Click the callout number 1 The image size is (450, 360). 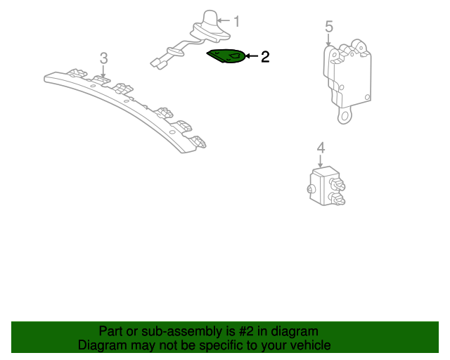[236, 22]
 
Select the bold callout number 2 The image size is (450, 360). [265, 56]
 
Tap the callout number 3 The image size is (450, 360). [103, 58]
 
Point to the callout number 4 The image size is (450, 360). [321, 148]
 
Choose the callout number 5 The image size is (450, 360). [329, 27]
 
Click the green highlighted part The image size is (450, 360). [226, 56]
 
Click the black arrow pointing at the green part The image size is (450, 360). [252, 56]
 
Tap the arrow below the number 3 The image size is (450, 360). [103, 71]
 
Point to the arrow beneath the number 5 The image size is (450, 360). [328, 39]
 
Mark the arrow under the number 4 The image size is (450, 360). [321, 161]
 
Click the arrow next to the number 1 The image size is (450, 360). [224, 20]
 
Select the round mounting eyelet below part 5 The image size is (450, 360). [345, 116]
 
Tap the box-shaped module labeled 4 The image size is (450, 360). [327, 186]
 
